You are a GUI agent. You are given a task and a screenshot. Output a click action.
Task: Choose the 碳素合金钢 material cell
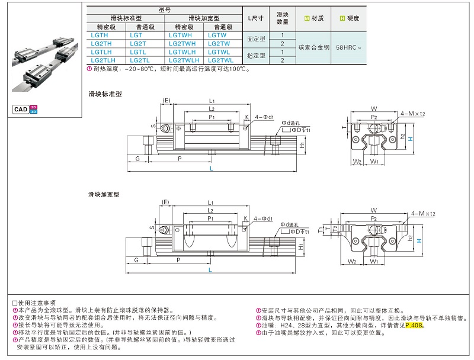click(313, 47)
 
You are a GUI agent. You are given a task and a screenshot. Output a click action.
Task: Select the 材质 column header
click(313, 18)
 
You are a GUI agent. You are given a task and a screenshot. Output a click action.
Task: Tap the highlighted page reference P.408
click(415, 325)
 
